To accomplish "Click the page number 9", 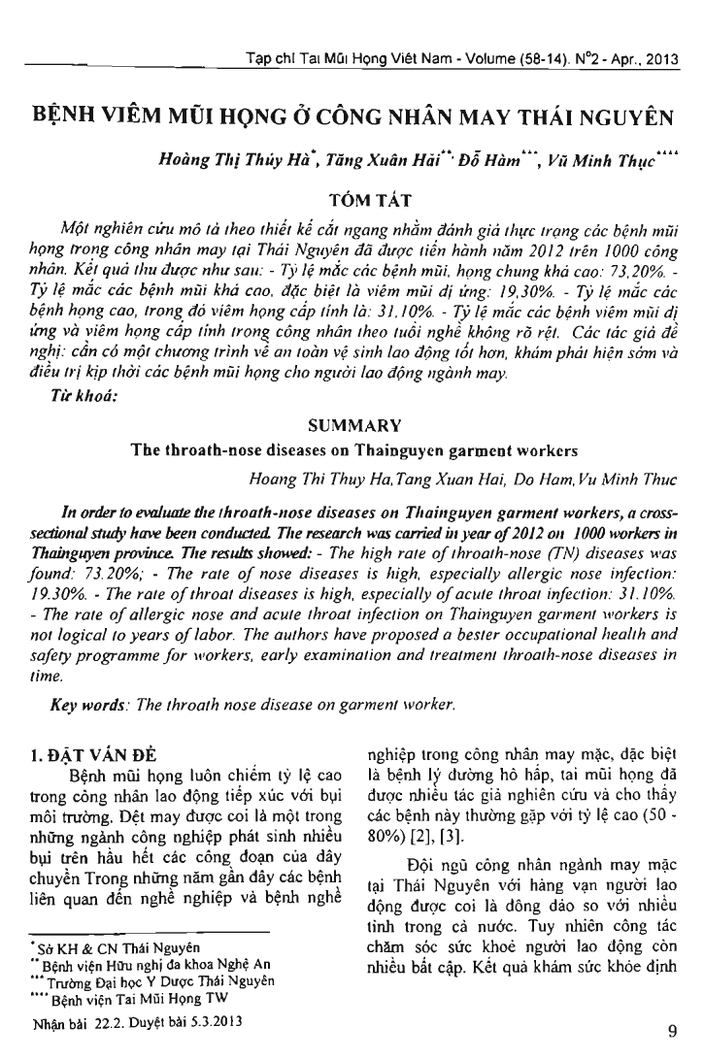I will click(672, 1029).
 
